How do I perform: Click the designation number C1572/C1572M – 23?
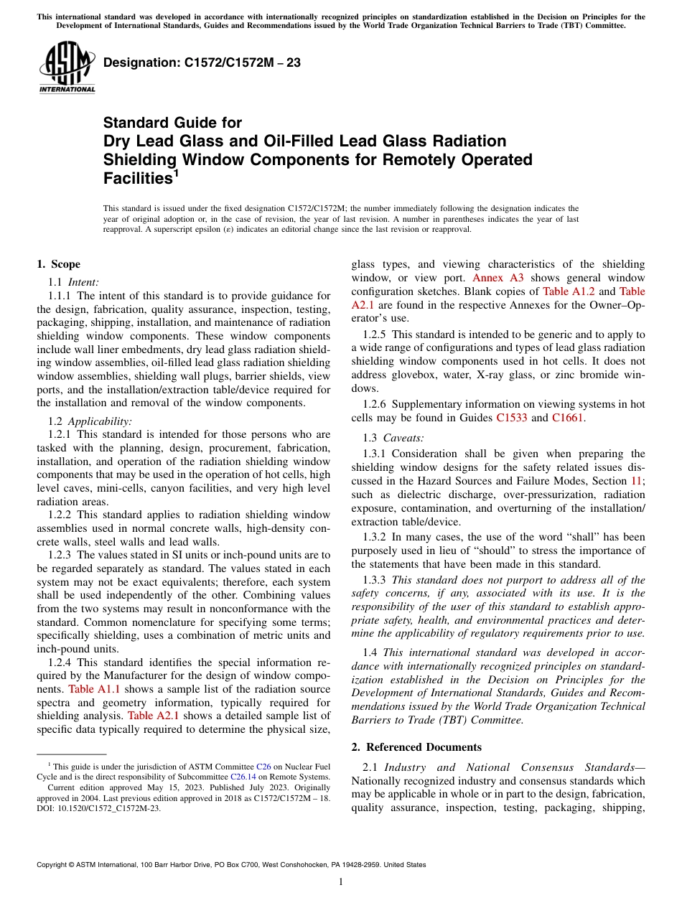coord(202,63)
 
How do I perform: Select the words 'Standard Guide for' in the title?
coord(172,123)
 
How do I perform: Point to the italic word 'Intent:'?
coord(83,282)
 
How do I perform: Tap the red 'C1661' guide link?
coord(568,418)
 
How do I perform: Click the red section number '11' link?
coord(636,481)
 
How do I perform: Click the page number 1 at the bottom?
coord(341,882)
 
